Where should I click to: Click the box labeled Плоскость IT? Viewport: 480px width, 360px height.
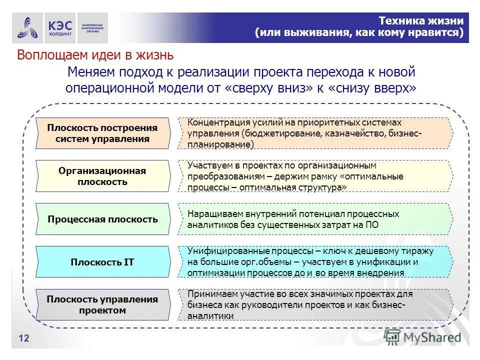[102, 262]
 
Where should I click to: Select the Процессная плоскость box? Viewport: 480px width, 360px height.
[102, 219]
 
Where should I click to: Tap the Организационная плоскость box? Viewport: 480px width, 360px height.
[102, 176]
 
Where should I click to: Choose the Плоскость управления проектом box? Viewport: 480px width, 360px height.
[102, 305]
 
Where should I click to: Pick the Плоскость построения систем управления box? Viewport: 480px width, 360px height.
[102, 133]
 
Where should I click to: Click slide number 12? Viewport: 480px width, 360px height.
[24, 339]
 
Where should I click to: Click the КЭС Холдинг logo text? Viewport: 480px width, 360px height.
[60, 28]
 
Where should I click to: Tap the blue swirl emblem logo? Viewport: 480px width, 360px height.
[27, 28]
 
